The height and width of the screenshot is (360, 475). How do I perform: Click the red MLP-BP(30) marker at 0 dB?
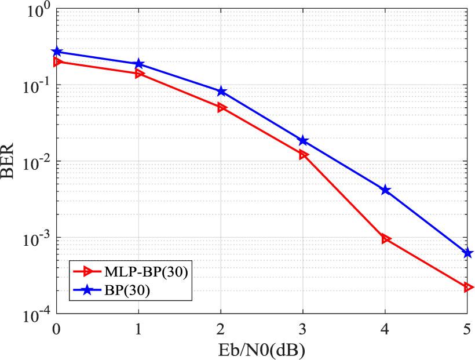coord(57,62)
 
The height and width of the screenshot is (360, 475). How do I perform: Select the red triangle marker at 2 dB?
coord(221,108)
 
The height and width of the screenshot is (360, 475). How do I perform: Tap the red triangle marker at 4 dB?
coord(386,239)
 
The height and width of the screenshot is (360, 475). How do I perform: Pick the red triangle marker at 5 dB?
coord(468,287)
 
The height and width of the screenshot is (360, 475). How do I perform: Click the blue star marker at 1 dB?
coord(139,64)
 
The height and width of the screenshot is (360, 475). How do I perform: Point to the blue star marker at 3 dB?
coord(304,141)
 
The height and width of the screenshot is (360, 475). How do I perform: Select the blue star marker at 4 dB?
coord(386,190)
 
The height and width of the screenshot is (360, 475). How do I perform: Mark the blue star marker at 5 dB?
coord(468,253)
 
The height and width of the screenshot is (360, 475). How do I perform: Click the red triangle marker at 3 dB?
coord(304,155)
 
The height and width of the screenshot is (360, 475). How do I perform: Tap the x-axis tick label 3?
coord(304,329)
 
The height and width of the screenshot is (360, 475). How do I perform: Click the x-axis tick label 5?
coord(467,329)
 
